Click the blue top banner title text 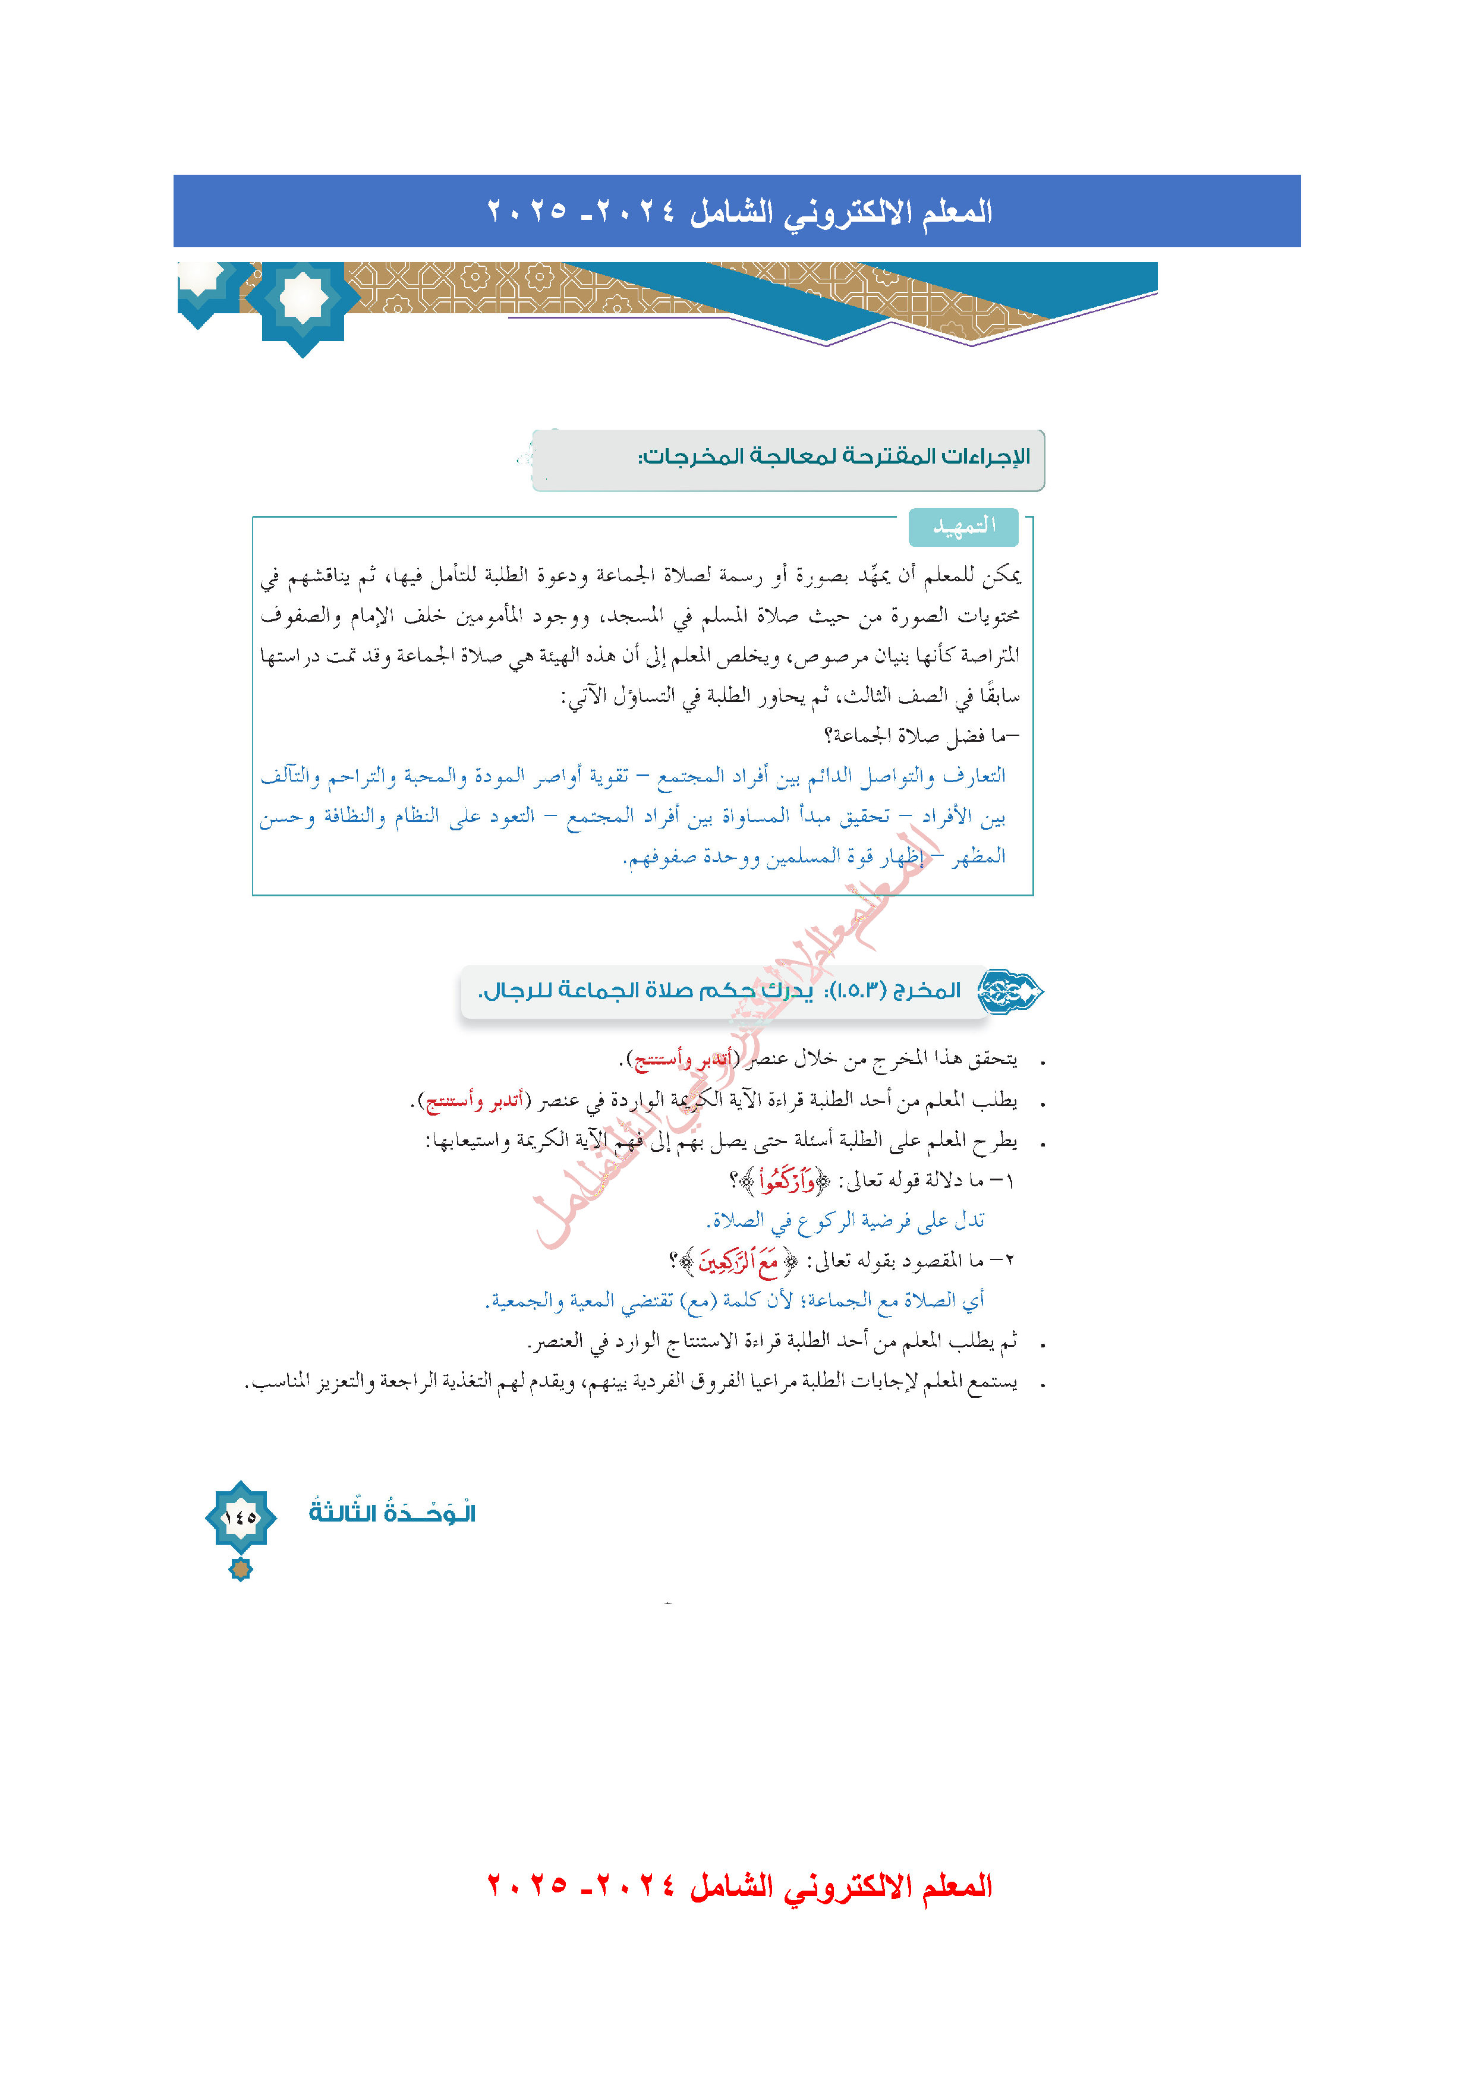[739, 212]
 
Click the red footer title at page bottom [739, 1885]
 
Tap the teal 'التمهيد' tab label [963, 527]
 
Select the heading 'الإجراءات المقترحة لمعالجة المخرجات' [834, 456]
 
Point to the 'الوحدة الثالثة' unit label [392, 1513]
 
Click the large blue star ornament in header [303, 300]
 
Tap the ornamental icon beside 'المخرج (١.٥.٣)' [1010, 991]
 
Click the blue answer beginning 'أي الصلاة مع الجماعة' [736, 1300]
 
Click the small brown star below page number [241, 1569]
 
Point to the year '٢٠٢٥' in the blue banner [527, 212]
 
